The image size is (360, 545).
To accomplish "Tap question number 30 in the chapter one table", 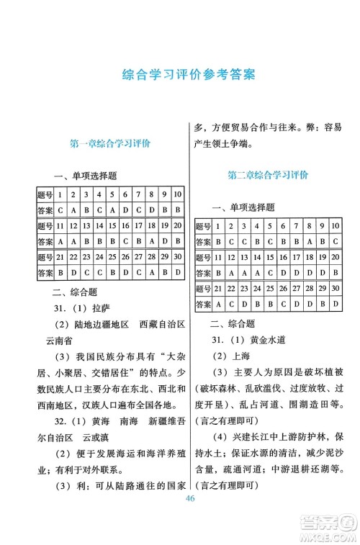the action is coord(177,257).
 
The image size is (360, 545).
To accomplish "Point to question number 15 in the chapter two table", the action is coord(270,257).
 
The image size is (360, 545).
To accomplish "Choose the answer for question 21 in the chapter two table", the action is coord(218,305).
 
